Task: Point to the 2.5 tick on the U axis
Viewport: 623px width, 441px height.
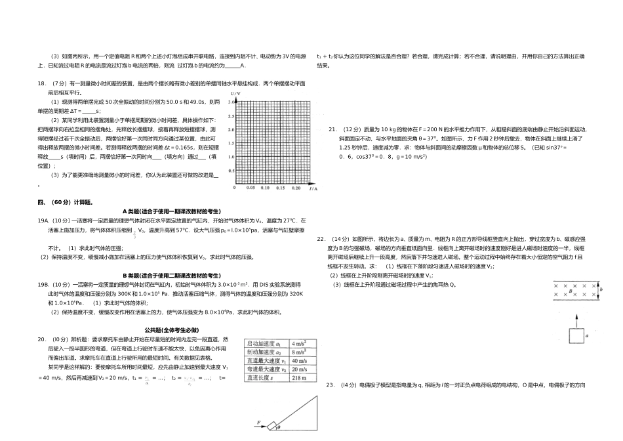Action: pos(231,116)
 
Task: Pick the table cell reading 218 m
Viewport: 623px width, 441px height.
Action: pos(299,377)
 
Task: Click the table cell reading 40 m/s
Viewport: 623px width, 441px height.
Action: pos(300,360)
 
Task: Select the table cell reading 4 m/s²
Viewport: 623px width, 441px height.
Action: pos(300,343)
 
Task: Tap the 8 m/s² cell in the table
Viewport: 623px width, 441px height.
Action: pos(300,352)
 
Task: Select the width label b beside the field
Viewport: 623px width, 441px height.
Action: pos(602,289)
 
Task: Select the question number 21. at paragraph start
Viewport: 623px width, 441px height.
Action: pos(332,129)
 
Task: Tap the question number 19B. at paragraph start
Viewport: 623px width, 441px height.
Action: pos(45,284)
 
